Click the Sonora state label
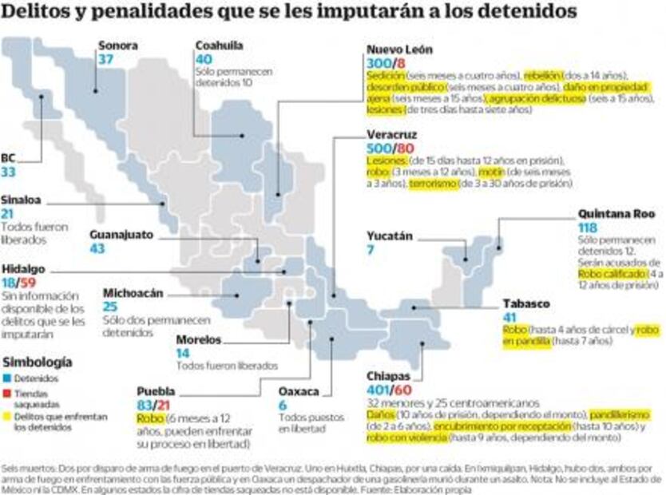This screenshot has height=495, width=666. pos(117,46)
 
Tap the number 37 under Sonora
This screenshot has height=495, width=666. pos(105,60)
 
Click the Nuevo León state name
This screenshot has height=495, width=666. pos(399,49)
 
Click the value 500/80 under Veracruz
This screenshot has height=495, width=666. pos(390,148)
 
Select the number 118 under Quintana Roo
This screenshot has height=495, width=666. pos(589,228)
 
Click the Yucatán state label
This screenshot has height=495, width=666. pos(390,236)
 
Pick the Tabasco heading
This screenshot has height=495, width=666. pos(526,303)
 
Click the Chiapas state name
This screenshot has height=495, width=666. pos(388,375)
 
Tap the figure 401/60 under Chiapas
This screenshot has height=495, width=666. pos(390,390)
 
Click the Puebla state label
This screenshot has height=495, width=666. pos(155,391)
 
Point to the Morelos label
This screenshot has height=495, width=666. pos(199,339)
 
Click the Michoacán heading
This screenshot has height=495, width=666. pos(133,292)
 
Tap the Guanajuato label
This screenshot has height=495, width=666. pos(121,235)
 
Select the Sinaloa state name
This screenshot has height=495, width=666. pos(22,200)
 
